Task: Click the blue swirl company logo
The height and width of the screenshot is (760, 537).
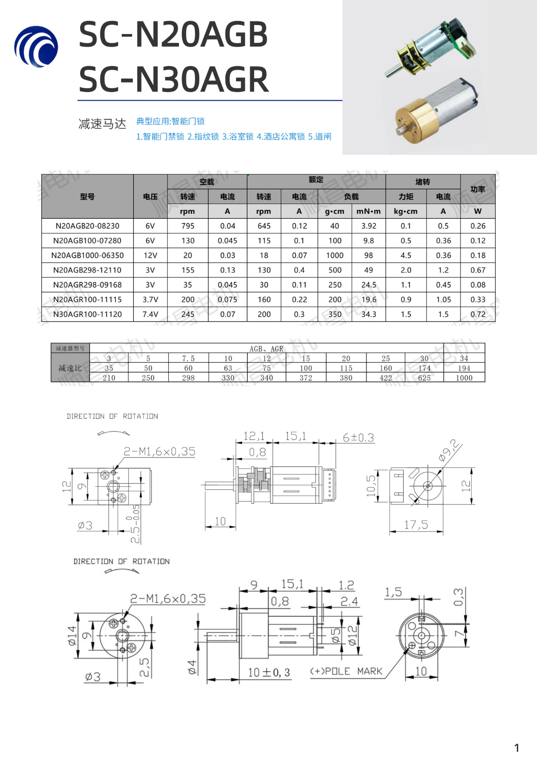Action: pos(36,47)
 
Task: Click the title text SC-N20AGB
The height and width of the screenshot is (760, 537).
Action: pos(173,34)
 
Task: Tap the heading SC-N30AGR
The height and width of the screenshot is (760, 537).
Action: pos(174,79)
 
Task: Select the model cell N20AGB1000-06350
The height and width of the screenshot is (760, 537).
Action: pos(87,255)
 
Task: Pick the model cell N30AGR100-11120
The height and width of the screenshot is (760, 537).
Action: pos(87,314)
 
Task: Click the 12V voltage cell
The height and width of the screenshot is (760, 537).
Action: pos(150,255)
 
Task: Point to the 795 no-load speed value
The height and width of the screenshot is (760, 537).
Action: pos(188,226)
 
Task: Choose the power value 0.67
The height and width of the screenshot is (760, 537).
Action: pos(477,270)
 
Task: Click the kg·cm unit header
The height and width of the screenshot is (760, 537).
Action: pos(405,211)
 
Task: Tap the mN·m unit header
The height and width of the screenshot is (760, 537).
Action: pos(368,211)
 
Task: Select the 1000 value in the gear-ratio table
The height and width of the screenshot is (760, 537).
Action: pos(464,378)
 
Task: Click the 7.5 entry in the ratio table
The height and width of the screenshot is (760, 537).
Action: pos(188,359)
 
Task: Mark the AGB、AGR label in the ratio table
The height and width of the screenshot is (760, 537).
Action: pos(266,349)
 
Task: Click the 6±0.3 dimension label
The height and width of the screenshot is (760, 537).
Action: pos(358,437)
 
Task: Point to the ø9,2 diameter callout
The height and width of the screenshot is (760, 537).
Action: pos(449,450)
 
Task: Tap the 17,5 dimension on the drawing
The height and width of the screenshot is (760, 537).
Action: pos(416,525)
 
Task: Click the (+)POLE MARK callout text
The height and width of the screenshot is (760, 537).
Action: pos(346,671)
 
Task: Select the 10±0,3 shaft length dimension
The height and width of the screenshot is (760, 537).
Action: pos(269,672)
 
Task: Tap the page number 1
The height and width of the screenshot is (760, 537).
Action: pos(516,748)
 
